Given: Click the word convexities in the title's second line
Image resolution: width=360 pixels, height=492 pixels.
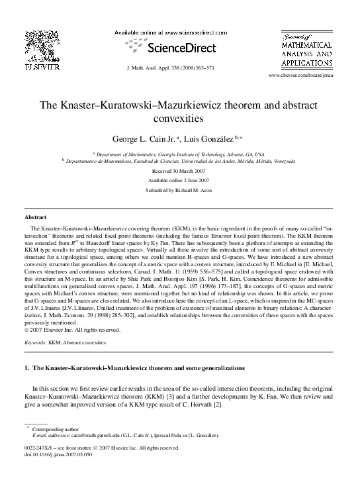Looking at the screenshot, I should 180,119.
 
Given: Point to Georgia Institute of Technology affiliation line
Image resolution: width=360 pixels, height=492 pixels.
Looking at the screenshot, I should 180,152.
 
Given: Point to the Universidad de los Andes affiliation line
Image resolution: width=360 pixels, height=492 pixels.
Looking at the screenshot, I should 180,160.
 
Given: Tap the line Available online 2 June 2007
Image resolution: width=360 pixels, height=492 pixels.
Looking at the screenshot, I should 180,180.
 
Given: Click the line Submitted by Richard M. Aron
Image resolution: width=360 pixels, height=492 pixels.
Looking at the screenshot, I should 180,191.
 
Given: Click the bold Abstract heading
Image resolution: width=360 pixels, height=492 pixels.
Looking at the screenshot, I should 35,217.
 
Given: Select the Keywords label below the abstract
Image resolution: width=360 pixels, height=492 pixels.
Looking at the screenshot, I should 35,344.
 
